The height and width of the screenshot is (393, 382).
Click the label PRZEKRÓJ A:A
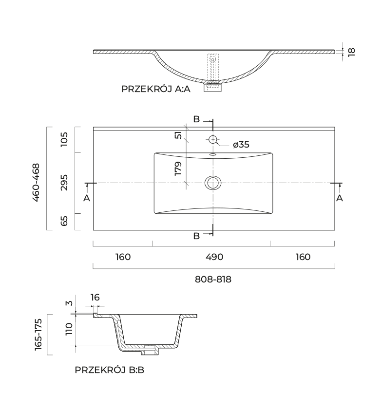(x=156, y=89)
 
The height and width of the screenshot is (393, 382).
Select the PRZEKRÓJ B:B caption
(x=110, y=370)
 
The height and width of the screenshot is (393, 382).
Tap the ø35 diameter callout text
(x=241, y=145)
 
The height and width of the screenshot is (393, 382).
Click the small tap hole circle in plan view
(x=213, y=139)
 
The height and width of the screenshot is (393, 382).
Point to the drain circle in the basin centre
(x=213, y=183)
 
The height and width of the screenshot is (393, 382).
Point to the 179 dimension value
(x=179, y=168)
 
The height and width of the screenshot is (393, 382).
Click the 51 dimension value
(x=179, y=135)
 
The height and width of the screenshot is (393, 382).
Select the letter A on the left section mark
(x=87, y=198)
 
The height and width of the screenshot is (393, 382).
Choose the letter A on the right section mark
(x=340, y=198)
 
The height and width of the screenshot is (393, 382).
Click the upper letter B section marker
(x=196, y=119)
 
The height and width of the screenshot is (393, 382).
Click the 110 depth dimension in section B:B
(x=69, y=329)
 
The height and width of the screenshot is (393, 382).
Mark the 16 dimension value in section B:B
(x=95, y=297)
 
